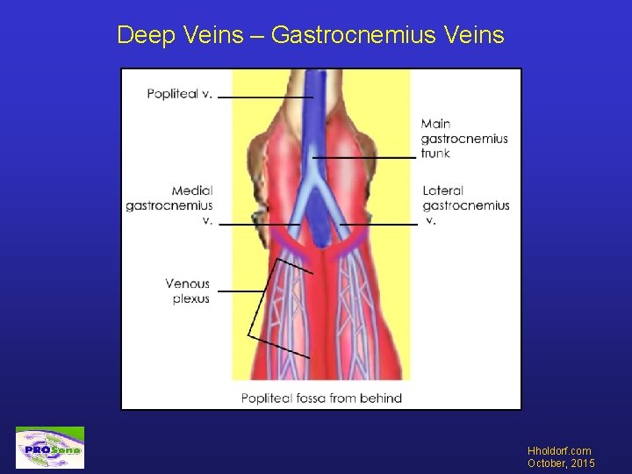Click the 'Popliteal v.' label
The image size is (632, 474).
tap(179, 94)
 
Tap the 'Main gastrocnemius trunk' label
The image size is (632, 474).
tap(463, 139)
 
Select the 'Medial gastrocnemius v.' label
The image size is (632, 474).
tap(169, 205)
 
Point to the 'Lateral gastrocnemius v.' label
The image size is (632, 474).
tap(465, 205)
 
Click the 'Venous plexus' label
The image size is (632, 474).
tap(187, 291)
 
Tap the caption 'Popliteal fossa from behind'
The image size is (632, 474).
tap(321, 399)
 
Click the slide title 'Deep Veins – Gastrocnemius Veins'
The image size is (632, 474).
tap(310, 35)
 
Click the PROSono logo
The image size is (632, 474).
tap(50, 448)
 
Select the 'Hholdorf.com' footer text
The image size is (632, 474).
tap(559, 451)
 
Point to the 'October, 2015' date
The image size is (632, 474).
tap(561, 463)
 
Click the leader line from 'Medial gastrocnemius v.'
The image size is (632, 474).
tap(259, 225)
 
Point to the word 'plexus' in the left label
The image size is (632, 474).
tap(190, 298)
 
